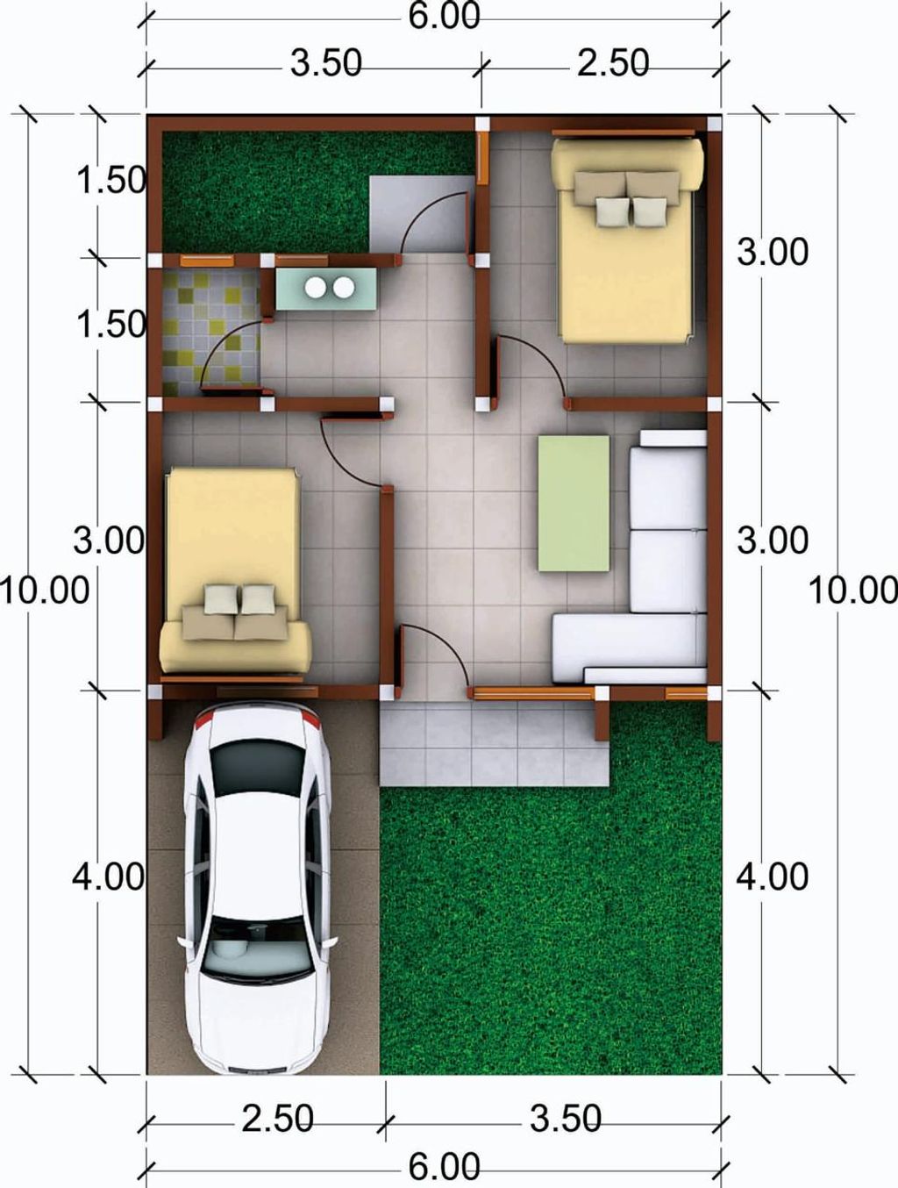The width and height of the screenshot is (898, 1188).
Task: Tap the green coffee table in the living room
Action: (x=574, y=503)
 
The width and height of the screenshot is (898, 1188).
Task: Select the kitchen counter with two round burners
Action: (x=326, y=289)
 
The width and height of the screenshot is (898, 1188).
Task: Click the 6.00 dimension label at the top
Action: (x=444, y=17)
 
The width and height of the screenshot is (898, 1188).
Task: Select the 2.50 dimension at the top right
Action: (x=613, y=62)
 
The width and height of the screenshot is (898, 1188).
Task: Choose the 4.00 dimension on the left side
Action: (x=109, y=877)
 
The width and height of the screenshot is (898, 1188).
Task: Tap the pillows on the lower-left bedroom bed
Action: (x=235, y=611)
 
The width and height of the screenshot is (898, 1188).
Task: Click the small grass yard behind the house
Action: (x=265, y=192)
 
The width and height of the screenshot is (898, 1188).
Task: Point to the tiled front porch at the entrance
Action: (x=494, y=742)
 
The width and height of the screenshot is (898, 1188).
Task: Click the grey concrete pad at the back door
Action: (x=419, y=214)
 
